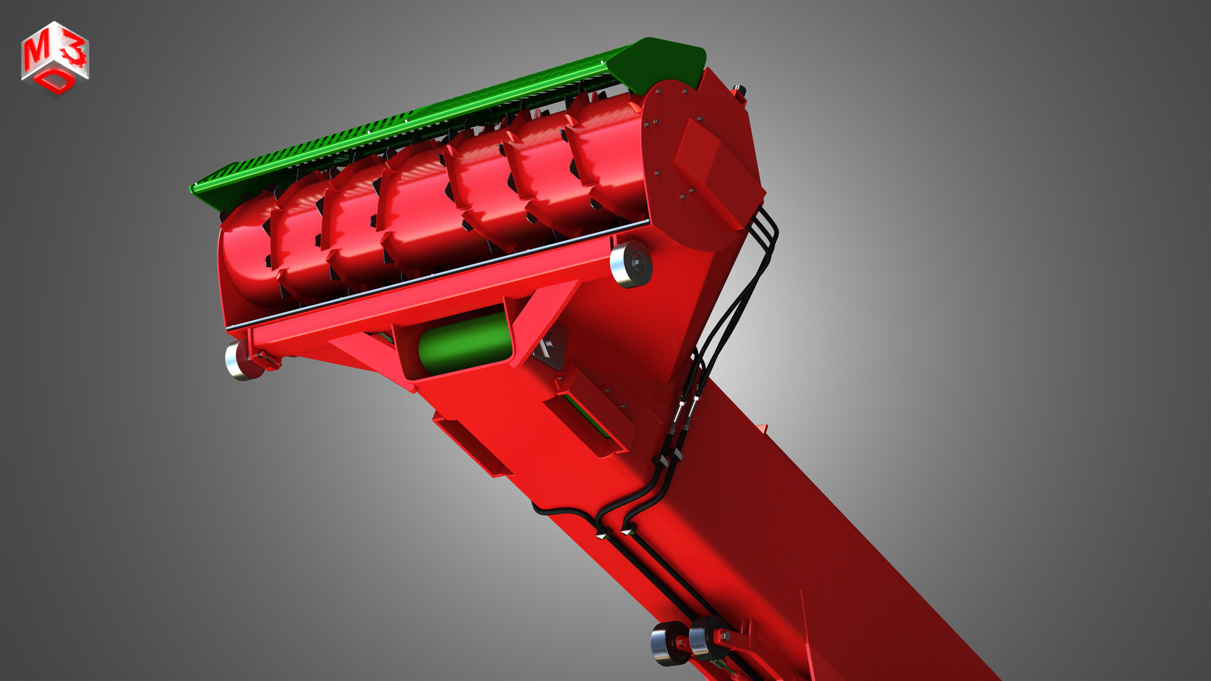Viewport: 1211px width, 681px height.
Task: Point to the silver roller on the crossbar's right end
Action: (631, 264)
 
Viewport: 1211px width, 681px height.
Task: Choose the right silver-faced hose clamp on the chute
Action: (628, 530)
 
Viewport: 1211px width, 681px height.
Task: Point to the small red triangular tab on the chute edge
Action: (763, 429)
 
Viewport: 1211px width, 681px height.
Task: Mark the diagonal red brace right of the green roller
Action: (542, 322)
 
